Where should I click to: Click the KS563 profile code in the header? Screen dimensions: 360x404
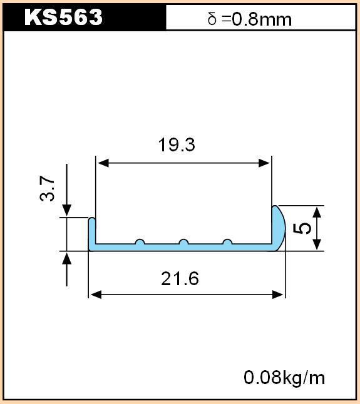click(63, 17)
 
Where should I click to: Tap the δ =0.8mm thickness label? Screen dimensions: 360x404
click(249, 19)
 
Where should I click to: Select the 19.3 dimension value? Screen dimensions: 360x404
click(177, 144)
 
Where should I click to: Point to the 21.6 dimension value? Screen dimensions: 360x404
click(180, 278)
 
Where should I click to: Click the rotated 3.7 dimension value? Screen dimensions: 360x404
click(48, 188)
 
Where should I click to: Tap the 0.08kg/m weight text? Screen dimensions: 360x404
click(284, 378)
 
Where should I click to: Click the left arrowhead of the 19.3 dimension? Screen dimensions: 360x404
click(103, 163)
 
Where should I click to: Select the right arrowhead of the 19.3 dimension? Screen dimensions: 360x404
click(264, 163)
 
